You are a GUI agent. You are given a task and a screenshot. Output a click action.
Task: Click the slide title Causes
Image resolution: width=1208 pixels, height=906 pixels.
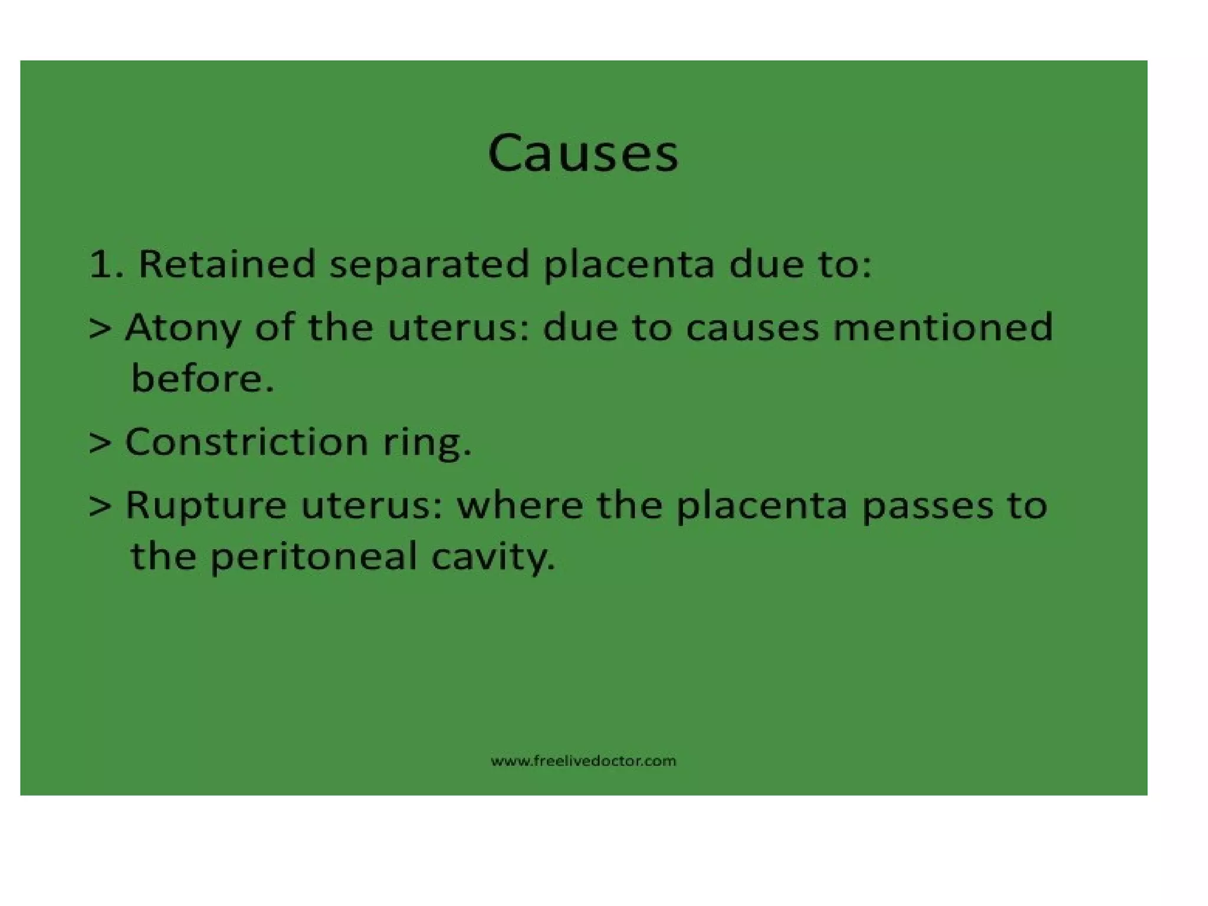(x=583, y=153)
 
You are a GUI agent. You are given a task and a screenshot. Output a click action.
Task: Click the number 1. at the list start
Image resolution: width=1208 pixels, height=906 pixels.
(x=106, y=264)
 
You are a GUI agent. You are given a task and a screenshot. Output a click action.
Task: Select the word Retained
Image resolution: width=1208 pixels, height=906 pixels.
(x=226, y=264)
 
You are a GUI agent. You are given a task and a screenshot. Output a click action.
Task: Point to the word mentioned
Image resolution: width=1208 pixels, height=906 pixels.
(x=942, y=327)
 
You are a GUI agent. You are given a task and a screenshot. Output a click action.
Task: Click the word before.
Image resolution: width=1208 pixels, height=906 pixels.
(x=202, y=378)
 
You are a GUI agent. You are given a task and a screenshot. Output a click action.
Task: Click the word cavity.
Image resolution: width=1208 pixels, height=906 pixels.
(x=493, y=557)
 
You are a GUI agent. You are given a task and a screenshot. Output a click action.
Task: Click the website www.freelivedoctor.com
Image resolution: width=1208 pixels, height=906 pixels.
(x=583, y=761)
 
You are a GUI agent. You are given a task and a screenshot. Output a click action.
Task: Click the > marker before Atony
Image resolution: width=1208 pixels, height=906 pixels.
(x=100, y=329)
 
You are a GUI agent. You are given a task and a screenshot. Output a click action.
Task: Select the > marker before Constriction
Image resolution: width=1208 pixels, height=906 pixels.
(x=100, y=442)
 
